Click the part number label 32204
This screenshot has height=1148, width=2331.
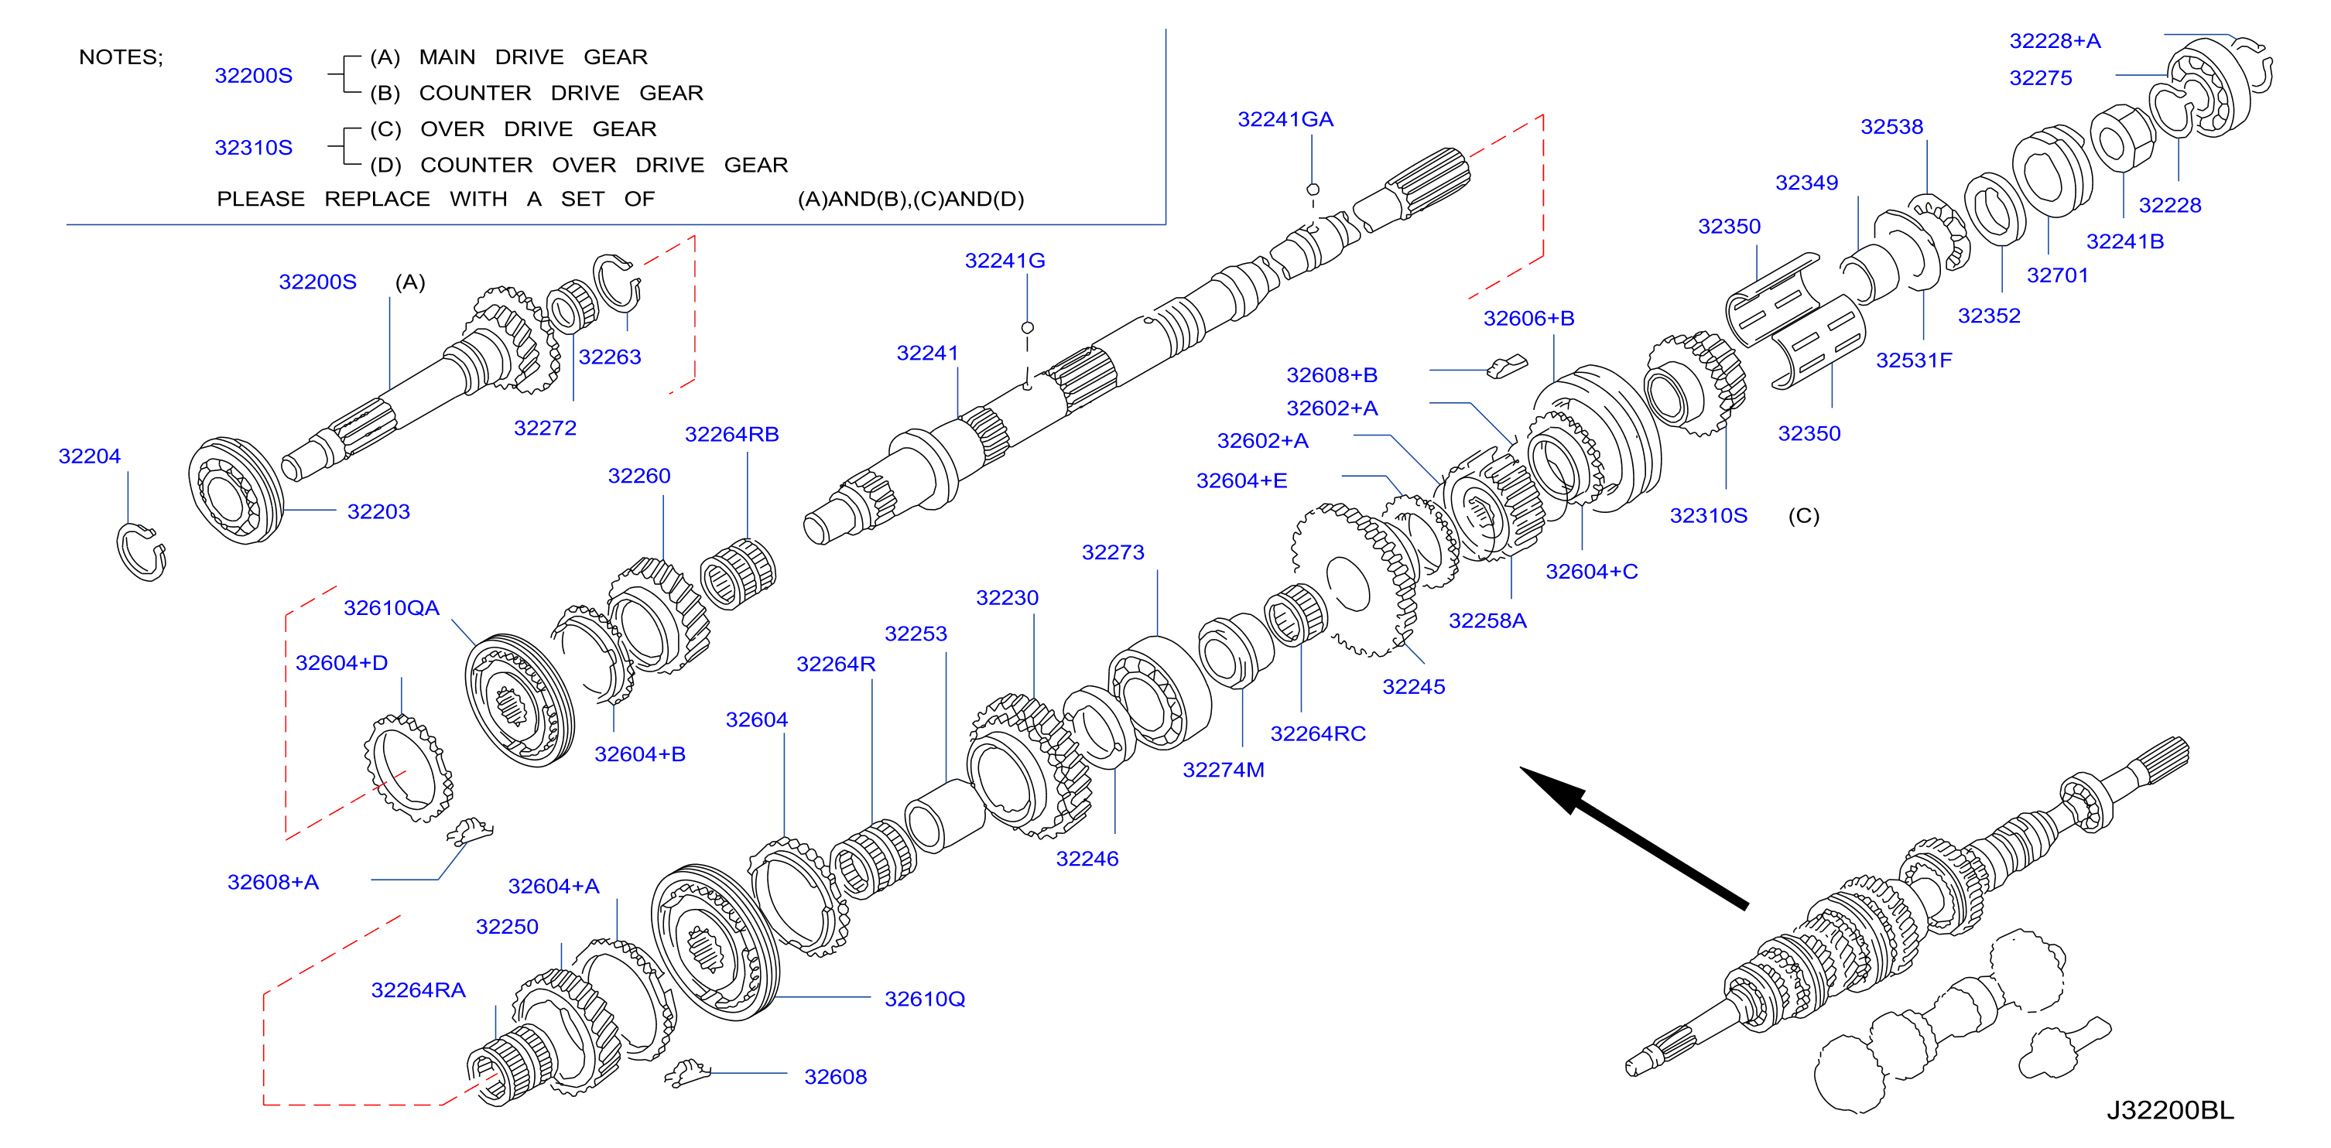(90, 456)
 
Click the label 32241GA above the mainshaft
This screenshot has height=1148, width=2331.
(1285, 119)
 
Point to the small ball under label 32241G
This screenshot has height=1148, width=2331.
(1027, 327)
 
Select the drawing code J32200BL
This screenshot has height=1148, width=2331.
(2170, 1110)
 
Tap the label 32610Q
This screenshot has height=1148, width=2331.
(925, 999)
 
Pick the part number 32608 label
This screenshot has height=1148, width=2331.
(835, 1077)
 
